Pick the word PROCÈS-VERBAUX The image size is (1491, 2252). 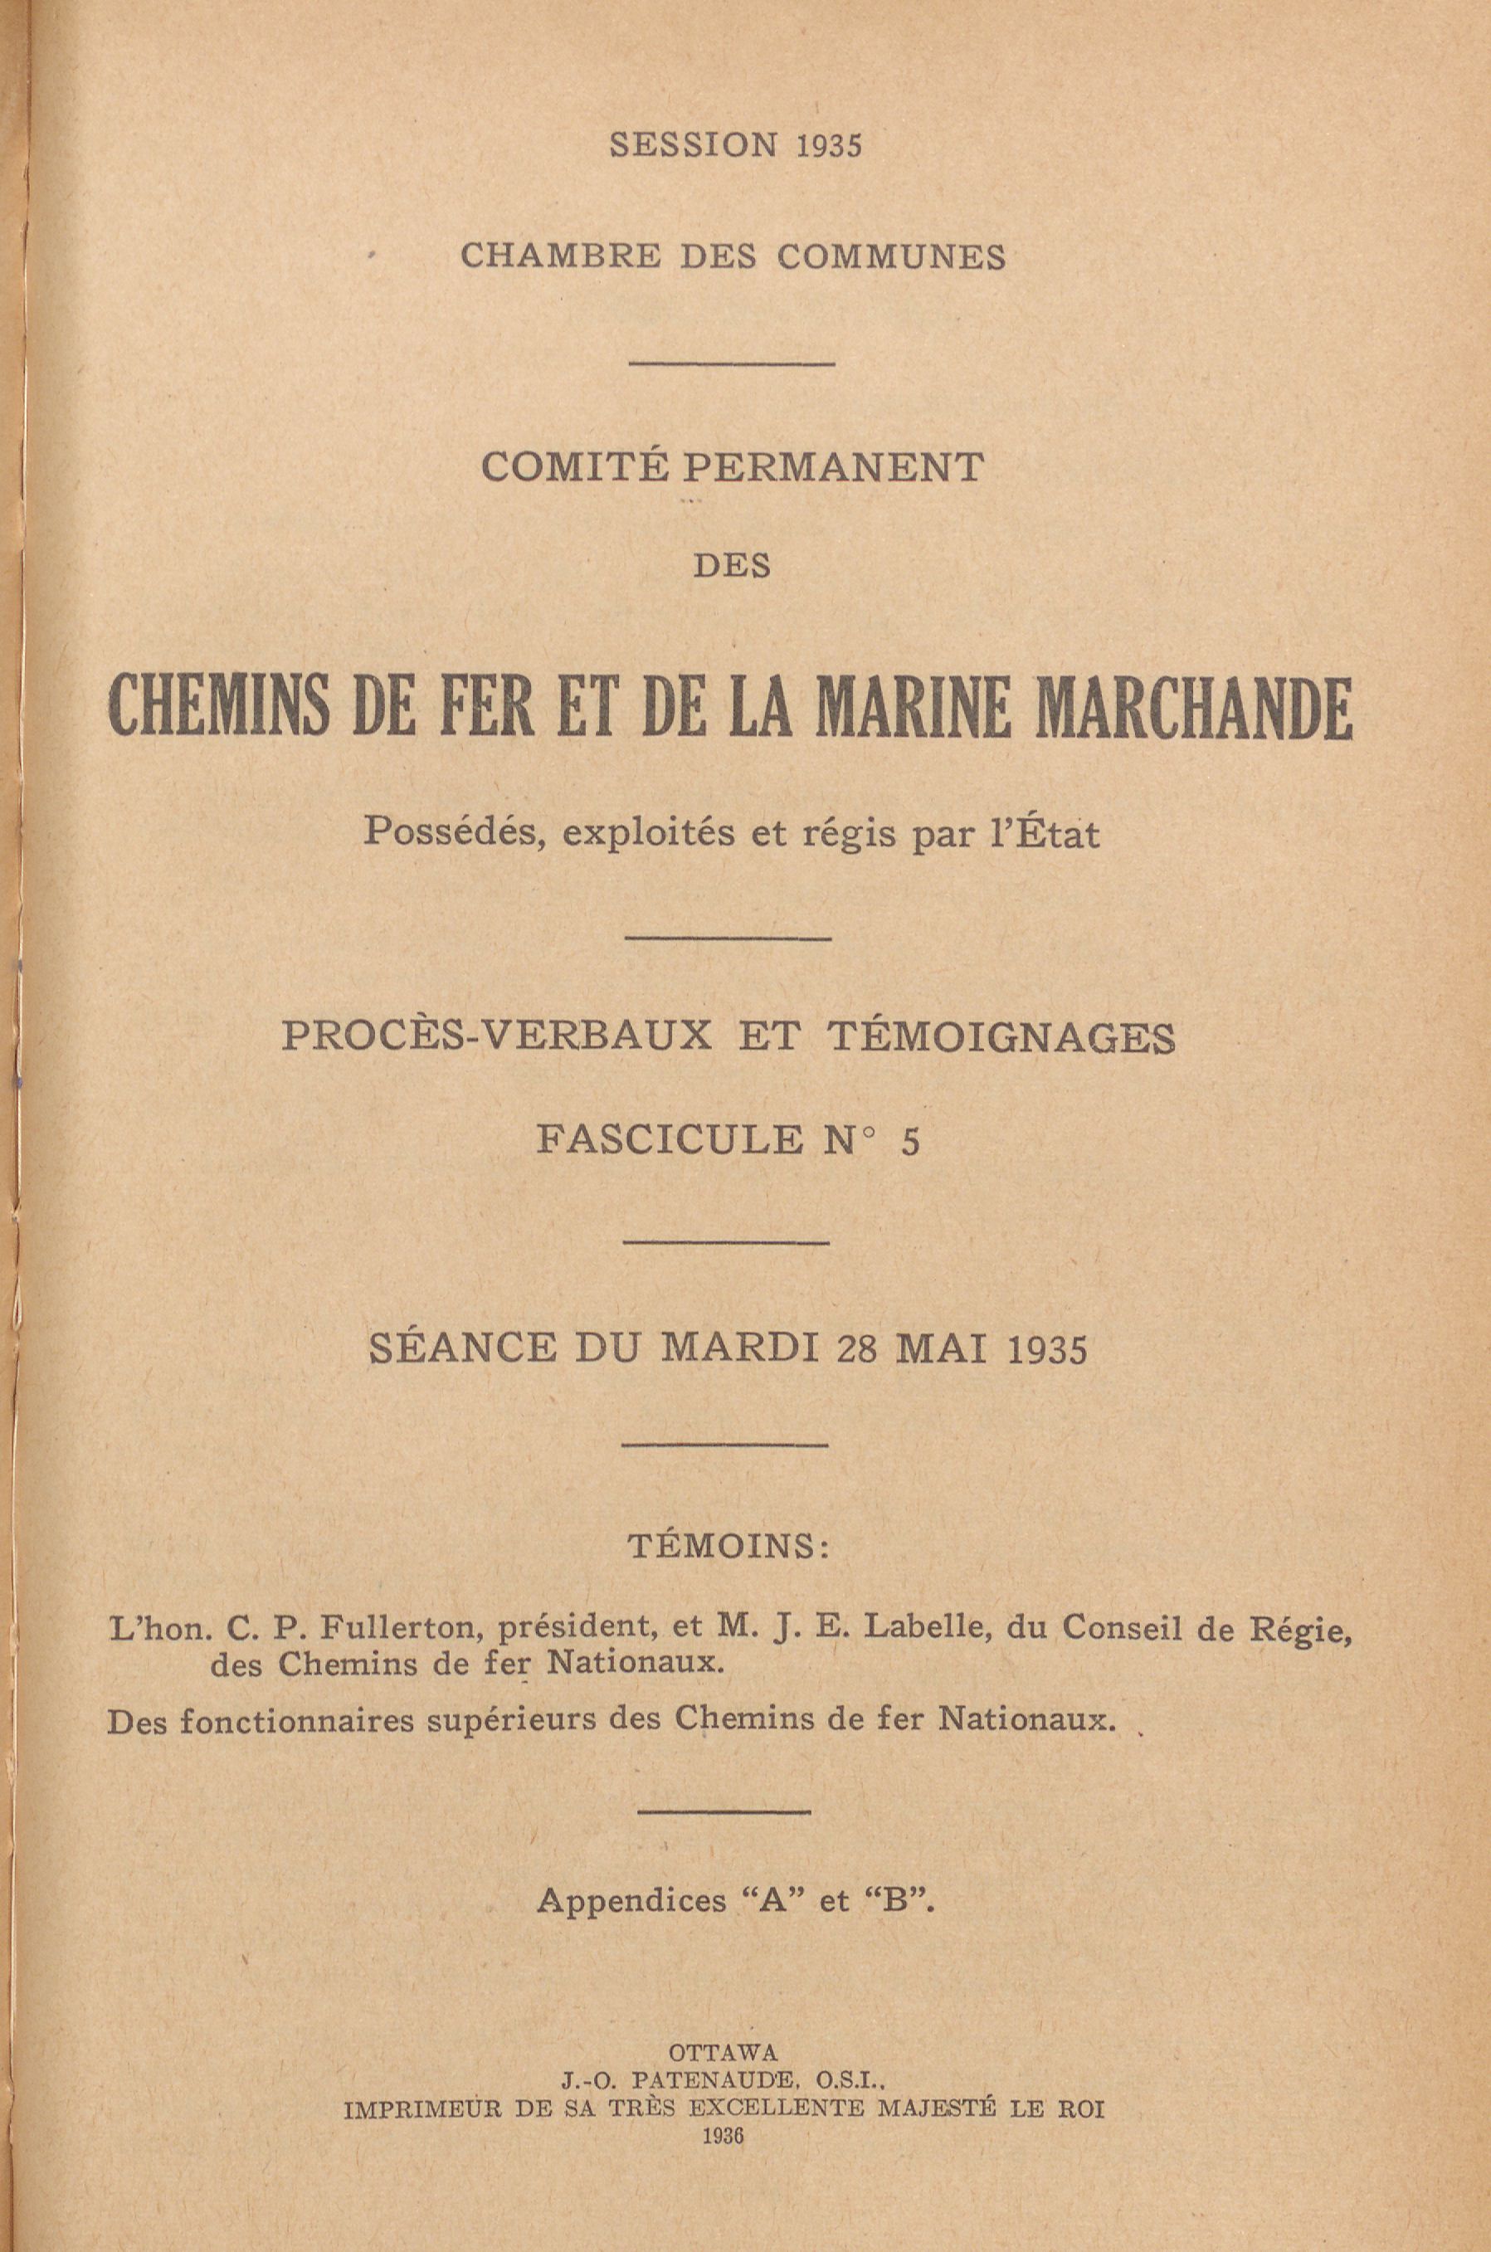(x=496, y=1037)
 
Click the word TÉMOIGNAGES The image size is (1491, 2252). (x=1003, y=1037)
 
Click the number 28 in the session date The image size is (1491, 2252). (x=859, y=1350)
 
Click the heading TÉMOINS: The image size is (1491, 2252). (x=728, y=1548)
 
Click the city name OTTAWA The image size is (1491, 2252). (x=724, y=2048)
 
